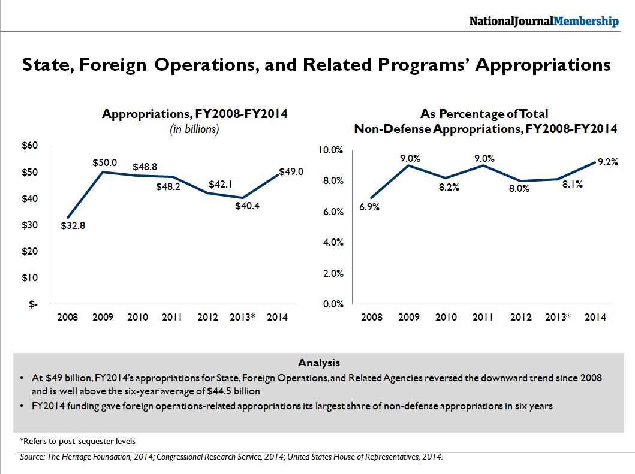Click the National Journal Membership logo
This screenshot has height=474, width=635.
pyautogui.click(x=543, y=21)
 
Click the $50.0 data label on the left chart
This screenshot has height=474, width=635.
pyautogui.click(x=104, y=162)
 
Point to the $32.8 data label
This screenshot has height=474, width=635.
pyautogui.click(x=73, y=226)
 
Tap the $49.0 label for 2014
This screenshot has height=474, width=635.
pyautogui.click(x=291, y=171)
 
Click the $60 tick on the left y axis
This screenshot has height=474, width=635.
pyautogui.click(x=29, y=146)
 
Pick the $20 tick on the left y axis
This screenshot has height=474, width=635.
pyautogui.click(x=29, y=251)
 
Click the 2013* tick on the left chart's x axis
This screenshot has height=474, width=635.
pyautogui.click(x=243, y=317)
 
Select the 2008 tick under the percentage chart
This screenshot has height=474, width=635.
pyautogui.click(x=372, y=317)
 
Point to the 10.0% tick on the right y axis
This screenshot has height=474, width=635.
pyautogui.click(x=330, y=150)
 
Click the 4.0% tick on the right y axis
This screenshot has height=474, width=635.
pyautogui.click(x=332, y=243)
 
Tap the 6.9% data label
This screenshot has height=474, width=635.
pyautogui.click(x=369, y=207)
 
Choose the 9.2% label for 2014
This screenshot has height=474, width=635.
pyautogui.click(x=607, y=162)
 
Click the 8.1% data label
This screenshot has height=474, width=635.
pyautogui.click(x=572, y=185)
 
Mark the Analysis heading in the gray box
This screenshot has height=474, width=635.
pyautogui.click(x=318, y=363)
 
